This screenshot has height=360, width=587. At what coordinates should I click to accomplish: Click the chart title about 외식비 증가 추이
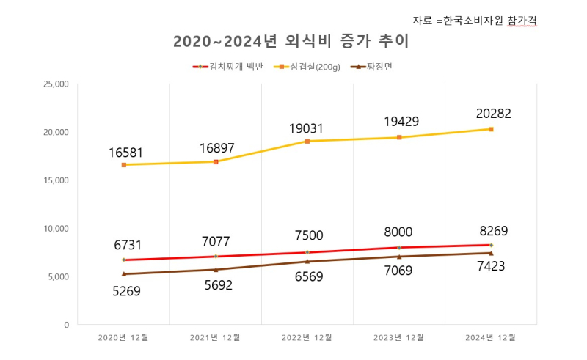pyautogui.click(x=291, y=42)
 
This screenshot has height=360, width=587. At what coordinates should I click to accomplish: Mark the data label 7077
pyautogui.click(x=216, y=241)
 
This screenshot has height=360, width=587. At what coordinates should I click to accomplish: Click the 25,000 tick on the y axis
pyautogui.click(x=56, y=84)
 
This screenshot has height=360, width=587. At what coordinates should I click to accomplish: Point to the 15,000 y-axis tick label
pyautogui.click(x=56, y=180)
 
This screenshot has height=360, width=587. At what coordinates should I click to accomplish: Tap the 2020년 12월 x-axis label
pyautogui.click(x=123, y=337)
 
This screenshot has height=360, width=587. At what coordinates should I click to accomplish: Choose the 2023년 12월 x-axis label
pyautogui.click(x=399, y=337)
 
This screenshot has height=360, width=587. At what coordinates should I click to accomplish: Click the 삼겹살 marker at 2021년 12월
pyautogui.click(x=216, y=161)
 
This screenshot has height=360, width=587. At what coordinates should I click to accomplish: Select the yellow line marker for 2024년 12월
pyautogui.click(x=491, y=129)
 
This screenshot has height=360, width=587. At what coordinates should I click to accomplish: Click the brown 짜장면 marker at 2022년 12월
pyautogui.click(x=307, y=261)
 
